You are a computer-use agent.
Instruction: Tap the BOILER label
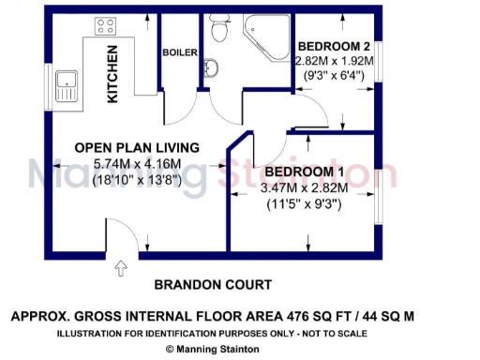[180, 53]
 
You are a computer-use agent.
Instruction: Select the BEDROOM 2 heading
[333, 47]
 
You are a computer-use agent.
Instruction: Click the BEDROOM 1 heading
[305, 172]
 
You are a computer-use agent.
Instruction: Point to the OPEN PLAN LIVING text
[137, 147]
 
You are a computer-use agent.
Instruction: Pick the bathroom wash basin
[211, 68]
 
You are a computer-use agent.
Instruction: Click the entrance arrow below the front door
[119, 270]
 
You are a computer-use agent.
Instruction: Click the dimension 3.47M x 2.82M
[307, 187]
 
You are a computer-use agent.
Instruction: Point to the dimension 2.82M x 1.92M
[334, 61]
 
